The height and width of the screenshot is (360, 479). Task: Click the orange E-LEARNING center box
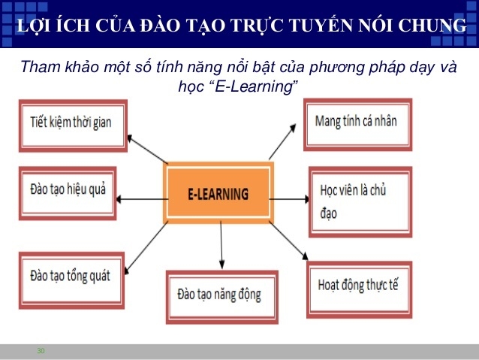pyautogui.click(x=218, y=192)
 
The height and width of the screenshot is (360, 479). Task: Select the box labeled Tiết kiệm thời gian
pyautogui.click(x=73, y=126)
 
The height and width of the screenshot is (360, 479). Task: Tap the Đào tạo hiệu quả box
pyautogui.click(x=68, y=193)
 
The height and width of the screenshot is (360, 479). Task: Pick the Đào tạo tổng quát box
pyautogui.click(x=71, y=280)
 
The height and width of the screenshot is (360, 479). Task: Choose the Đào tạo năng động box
pyautogui.click(x=222, y=297)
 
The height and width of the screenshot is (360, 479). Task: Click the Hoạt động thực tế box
pyautogui.click(x=359, y=289)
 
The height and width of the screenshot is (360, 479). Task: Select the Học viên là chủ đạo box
pyautogui.click(x=360, y=202)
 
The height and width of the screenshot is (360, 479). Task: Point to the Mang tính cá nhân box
pyautogui.click(x=357, y=125)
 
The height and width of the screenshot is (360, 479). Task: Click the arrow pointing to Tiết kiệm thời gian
pyautogui.click(x=148, y=150)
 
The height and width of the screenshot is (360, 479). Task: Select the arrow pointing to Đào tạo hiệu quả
pyautogui.click(x=143, y=199)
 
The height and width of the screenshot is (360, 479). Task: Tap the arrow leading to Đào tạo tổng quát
pyautogui.click(x=146, y=247)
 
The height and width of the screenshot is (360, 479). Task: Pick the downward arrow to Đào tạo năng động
pyautogui.click(x=221, y=245)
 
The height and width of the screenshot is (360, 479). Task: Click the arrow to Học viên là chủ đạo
pyautogui.click(x=289, y=199)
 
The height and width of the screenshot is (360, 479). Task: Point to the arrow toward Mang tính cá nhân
pyautogui.click(x=282, y=141)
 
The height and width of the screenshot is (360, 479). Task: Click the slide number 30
pyautogui.click(x=41, y=350)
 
